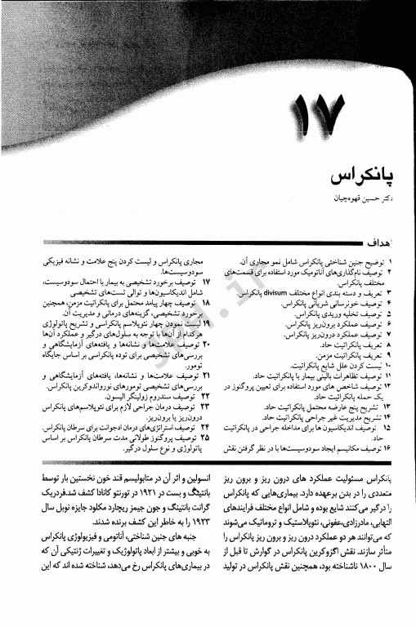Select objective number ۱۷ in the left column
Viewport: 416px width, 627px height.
[x=206, y=280]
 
